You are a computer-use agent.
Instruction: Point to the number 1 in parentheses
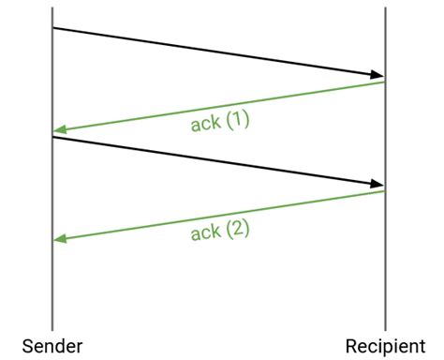(x=238, y=121)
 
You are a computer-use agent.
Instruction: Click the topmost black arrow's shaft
(x=215, y=52)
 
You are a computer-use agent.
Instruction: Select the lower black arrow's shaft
(x=215, y=161)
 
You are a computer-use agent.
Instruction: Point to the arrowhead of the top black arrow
(x=377, y=75)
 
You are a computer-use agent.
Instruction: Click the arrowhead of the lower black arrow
(x=377, y=184)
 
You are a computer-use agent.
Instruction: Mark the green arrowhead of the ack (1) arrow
(x=60, y=130)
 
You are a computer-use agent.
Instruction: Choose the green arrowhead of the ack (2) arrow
(x=60, y=240)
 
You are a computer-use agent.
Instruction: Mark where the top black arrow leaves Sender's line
(x=53, y=28)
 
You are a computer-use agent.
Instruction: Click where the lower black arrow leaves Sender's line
(x=53, y=138)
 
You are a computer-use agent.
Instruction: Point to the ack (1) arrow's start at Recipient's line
(x=384, y=82)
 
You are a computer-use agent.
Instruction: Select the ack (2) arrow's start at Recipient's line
(x=384, y=192)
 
